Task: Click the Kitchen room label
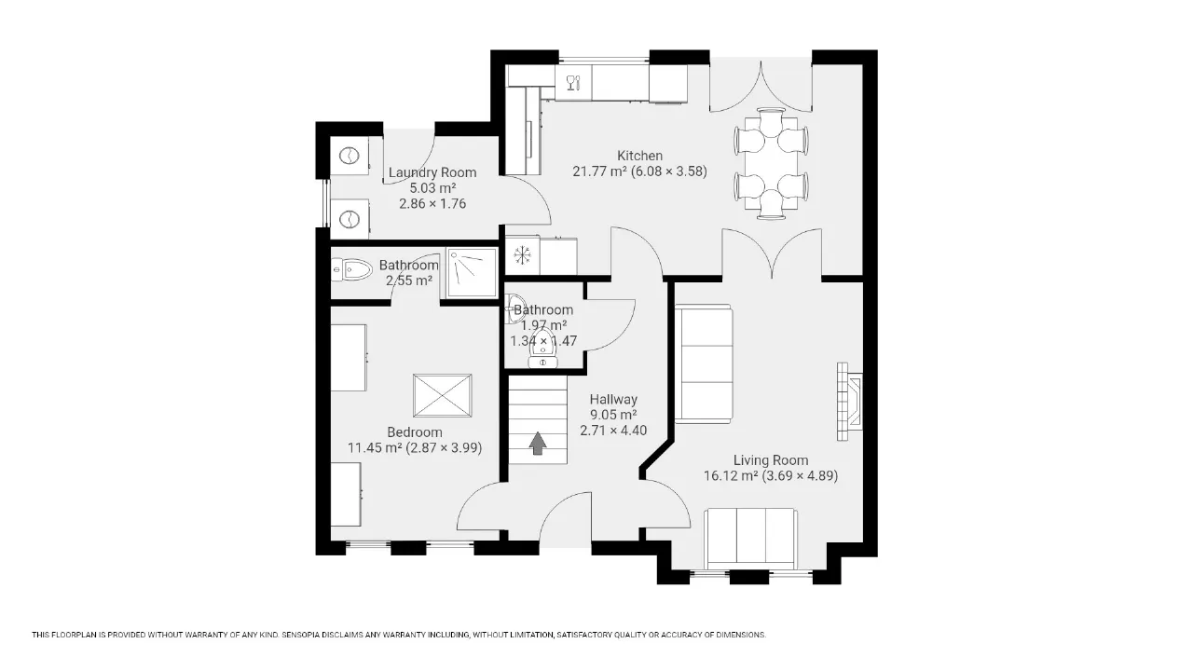pyautogui.click(x=639, y=156)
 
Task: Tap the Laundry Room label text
pyautogui.click(x=432, y=172)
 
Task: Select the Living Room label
pyautogui.click(x=771, y=460)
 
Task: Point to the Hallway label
pyautogui.click(x=613, y=400)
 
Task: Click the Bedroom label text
pyautogui.click(x=415, y=432)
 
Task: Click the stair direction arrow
pyautogui.click(x=538, y=443)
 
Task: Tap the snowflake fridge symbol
pyautogui.click(x=523, y=255)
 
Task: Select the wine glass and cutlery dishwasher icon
pyautogui.click(x=573, y=83)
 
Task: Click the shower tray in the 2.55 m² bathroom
pyautogui.click(x=472, y=272)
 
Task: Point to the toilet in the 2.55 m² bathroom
pyautogui.click(x=351, y=269)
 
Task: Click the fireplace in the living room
pyautogui.click(x=849, y=402)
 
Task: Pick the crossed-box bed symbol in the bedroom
pyautogui.click(x=442, y=396)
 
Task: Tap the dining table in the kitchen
pyautogui.click(x=771, y=163)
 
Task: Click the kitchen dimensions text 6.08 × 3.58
pyautogui.click(x=669, y=171)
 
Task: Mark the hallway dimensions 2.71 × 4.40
pyautogui.click(x=613, y=431)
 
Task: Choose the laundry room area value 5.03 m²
pyautogui.click(x=432, y=188)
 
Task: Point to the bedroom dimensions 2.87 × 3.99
pyautogui.click(x=444, y=448)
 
